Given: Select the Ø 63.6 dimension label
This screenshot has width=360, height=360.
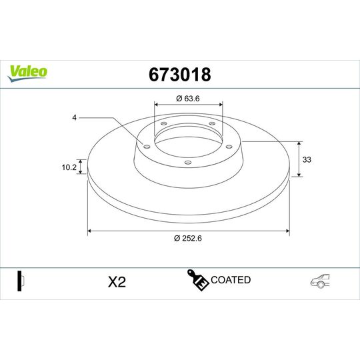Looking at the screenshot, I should pos(189,100).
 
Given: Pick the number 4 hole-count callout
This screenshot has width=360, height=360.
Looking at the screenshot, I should pos(75,118).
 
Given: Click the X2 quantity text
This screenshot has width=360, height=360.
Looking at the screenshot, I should pos(117,282).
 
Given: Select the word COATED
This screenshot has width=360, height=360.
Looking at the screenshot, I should pos(231,280).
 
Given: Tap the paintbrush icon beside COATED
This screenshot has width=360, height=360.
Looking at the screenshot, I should pos(198,281).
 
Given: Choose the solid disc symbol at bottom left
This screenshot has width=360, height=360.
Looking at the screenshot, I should pos(20,281).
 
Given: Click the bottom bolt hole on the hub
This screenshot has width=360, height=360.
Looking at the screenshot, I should pos(187,162).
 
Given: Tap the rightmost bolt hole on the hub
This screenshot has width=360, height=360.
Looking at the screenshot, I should pos(228,146).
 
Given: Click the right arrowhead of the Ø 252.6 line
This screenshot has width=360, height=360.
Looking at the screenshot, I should pos(287,231).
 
